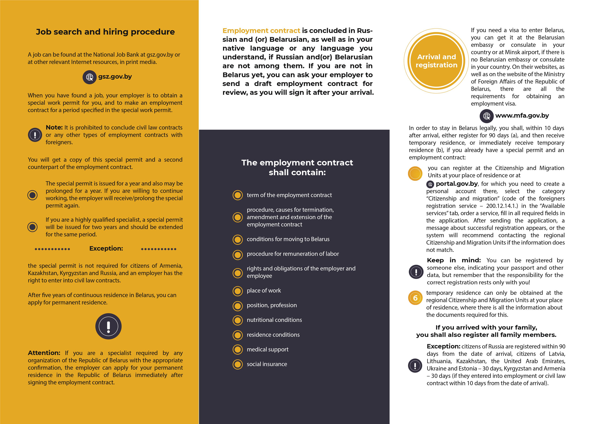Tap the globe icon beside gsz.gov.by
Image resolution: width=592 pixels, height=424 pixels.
[89, 77]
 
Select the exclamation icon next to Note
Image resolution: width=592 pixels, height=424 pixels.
[35, 135]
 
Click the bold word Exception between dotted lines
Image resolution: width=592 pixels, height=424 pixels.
[106, 248]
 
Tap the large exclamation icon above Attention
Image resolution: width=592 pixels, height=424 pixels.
[108, 326]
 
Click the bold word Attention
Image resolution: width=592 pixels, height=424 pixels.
[44, 353]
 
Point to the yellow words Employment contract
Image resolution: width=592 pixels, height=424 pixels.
[261, 31]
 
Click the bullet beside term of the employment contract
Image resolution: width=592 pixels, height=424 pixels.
[238, 195]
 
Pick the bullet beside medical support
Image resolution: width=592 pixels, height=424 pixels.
[238, 349]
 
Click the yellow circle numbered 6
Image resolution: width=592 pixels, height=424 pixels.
[415, 298]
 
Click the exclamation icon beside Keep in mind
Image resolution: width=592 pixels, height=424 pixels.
[416, 272]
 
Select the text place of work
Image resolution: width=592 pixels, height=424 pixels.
[264, 291]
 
